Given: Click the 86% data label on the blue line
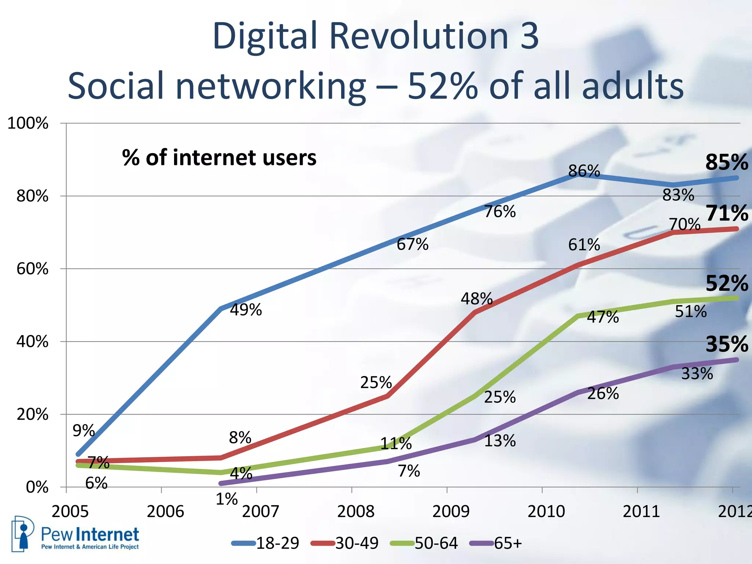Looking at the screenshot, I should coord(584,171).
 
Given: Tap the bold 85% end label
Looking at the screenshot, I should coord(726,162).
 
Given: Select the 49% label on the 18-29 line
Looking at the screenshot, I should coord(246,310).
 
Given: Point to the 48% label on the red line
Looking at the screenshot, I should coord(477,299).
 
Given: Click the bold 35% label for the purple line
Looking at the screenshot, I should coord(726,344).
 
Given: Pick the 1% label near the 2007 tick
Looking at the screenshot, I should coord(227,499).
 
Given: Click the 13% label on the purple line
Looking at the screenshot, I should coord(500,441).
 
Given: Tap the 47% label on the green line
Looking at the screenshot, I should coord(603,317).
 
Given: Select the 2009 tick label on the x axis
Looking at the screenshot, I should coord(451,511).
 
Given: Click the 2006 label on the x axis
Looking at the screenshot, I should coord(165,511).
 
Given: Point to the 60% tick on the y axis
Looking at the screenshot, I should coord(32,269).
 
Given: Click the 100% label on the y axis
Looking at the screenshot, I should coord(28,123).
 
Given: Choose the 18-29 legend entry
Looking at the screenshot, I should coord(277,543).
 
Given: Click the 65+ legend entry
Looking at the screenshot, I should coord(507,543).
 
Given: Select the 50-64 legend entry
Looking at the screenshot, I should coord(436,543).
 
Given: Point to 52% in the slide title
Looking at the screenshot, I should coord(443,86).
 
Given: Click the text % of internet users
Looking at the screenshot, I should coord(219,158).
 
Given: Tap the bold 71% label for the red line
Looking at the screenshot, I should coord(726,213).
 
